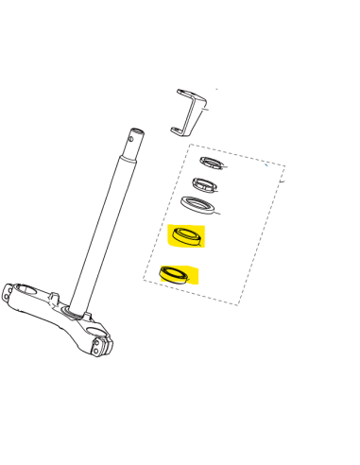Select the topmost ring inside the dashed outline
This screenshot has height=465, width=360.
click(212, 164)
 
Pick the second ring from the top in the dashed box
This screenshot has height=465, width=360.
click(206, 183)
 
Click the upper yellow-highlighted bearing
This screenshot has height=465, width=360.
click(186, 236)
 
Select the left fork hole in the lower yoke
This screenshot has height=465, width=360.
click(20, 295)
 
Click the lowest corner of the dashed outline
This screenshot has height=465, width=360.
click(237, 303)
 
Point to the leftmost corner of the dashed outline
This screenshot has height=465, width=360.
click(144, 280)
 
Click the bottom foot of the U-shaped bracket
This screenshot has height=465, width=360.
click(180, 130)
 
